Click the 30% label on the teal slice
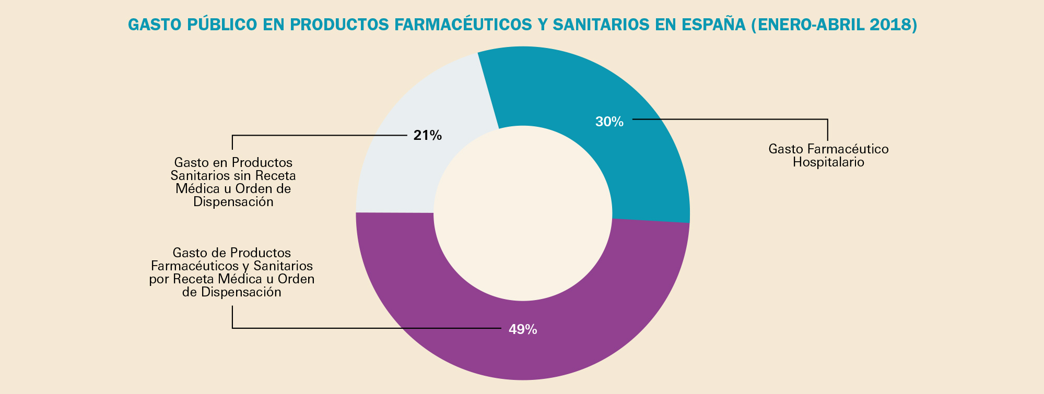pos(609,122)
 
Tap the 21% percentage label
pos(427,136)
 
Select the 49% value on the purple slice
pos(523,329)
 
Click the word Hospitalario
pos(828,162)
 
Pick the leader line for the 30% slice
pos(731,119)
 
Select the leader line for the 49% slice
pos(366,328)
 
